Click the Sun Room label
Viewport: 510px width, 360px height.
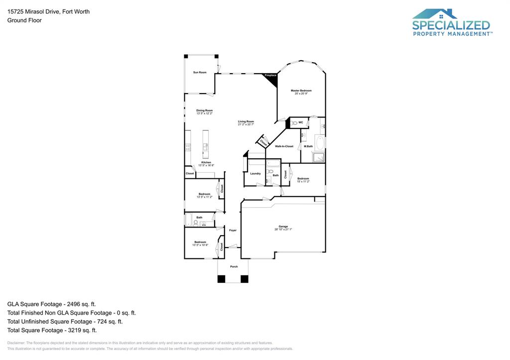(200, 73)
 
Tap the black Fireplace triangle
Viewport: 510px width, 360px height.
(272, 78)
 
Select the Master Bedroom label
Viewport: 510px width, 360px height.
(301, 91)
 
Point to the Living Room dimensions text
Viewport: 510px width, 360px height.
(246, 125)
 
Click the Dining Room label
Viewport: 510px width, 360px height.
(204, 111)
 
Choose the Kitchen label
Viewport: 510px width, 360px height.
(206, 162)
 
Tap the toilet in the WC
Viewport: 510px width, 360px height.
(294, 122)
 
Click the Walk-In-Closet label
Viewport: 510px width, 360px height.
(284, 146)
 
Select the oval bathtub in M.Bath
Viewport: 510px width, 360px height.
(321, 143)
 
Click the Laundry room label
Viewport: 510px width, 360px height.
(255, 174)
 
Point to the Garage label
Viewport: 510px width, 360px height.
(283, 227)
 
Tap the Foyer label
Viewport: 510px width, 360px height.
(233, 231)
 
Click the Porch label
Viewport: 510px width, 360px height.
(234, 267)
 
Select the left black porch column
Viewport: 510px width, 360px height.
(221, 279)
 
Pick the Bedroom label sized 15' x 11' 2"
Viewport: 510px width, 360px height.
(303, 179)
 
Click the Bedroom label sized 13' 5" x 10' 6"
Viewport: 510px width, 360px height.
(200, 242)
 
